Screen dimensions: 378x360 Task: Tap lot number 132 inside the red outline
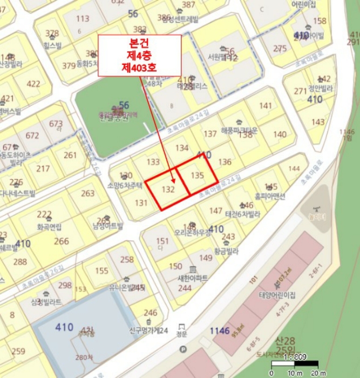168,189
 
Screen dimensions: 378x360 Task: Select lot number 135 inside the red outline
198,175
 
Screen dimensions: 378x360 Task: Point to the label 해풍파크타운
239,131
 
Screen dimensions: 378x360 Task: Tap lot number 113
83,19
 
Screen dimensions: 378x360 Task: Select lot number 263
87,193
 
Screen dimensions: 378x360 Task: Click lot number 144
294,169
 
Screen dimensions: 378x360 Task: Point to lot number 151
162,241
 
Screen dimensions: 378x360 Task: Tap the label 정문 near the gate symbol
182,334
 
